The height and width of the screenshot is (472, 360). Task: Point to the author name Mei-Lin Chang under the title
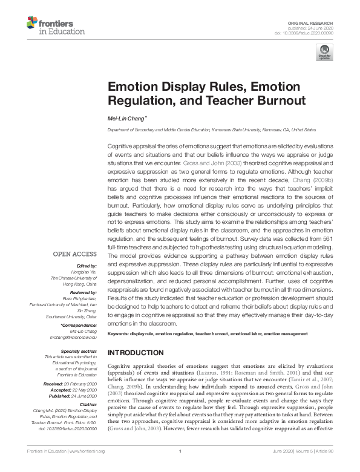[x=126, y=119]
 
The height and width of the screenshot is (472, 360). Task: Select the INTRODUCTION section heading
[x=137, y=352]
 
